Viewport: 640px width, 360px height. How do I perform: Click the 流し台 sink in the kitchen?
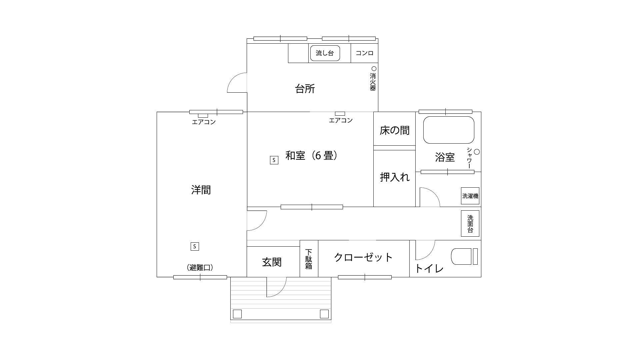(325, 53)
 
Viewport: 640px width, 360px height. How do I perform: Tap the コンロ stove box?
(364, 53)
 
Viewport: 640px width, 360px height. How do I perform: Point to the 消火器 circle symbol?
(374, 69)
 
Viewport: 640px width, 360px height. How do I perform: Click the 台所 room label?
(305, 89)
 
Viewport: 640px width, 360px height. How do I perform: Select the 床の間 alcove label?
(394, 130)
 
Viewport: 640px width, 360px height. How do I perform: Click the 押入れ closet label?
(395, 177)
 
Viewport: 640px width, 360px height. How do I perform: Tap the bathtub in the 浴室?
(449, 130)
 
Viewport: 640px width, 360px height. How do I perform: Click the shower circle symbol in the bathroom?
(477, 152)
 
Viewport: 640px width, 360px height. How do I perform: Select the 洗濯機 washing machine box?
(470, 196)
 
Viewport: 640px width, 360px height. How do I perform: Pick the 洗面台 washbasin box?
(470, 223)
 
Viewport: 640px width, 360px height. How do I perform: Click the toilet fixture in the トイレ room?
(464, 256)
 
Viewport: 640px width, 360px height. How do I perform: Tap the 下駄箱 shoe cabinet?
(309, 259)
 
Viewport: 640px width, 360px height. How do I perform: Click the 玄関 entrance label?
(272, 262)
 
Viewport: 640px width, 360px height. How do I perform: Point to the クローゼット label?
(363, 257)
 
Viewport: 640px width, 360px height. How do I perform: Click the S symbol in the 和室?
(274, 160)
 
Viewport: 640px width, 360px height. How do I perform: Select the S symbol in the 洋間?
(195, 247)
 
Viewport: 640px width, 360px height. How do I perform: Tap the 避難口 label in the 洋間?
(200, 267)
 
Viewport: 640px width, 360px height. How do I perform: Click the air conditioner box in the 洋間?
(203, 116)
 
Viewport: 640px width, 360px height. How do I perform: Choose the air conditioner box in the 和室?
(340, 114)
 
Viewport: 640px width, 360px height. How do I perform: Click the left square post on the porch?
(237, 314)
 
